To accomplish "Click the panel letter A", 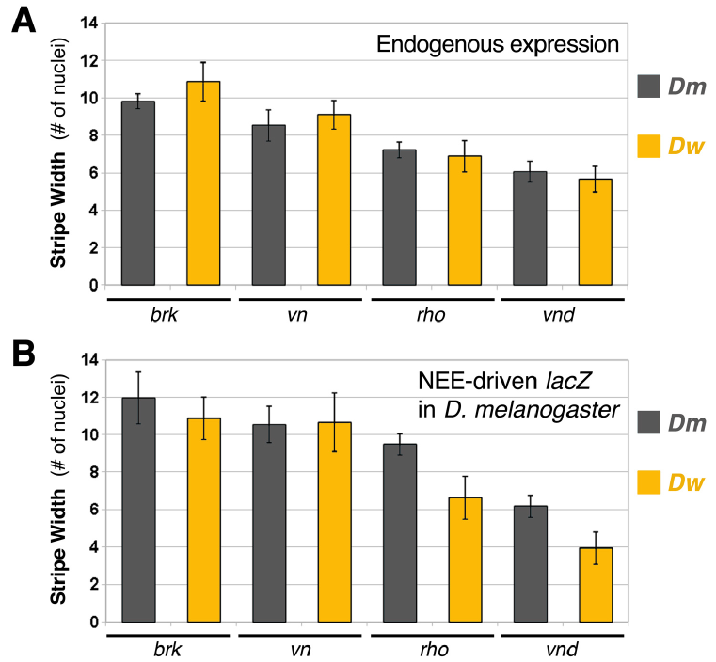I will [24, 22].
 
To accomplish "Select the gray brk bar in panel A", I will [138, 193].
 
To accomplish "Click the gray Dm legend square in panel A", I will [650, 87].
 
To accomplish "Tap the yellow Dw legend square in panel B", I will [650, 481].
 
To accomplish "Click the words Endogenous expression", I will [497, 44].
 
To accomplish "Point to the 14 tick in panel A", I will [91, 23].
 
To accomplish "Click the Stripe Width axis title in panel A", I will [59, 152].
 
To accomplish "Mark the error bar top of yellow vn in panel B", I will [334, 393].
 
